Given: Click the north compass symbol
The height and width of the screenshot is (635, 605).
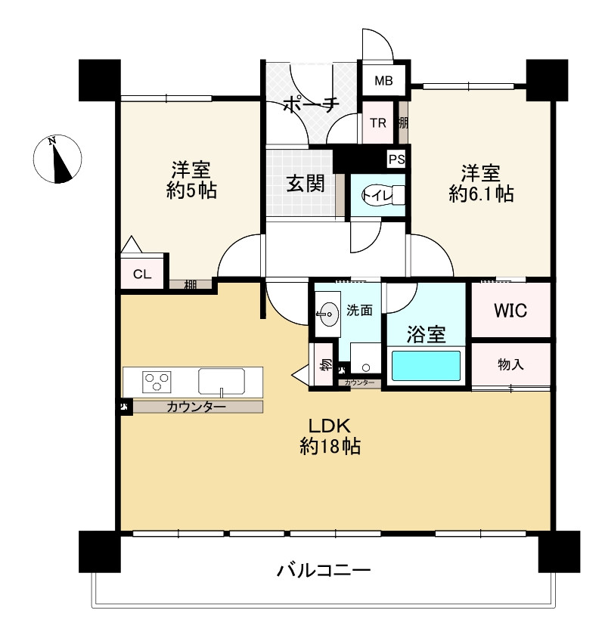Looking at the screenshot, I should click(x=58, y=160).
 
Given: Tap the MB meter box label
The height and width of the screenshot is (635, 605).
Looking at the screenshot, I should click(x=384, y=81).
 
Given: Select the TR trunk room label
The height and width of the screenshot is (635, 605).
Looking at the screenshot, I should click(x=378, y=122).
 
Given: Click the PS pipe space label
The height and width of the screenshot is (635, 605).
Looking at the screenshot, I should click(x=396, y=159).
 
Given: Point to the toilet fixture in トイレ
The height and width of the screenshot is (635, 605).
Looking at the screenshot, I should click(x=383, y=195).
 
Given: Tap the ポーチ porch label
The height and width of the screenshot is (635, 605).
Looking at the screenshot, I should click(x=310, y=106).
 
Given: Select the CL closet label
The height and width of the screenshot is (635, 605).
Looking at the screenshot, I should click(x=142, y=274).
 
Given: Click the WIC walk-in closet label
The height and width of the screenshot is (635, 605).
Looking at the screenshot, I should click(x=510, y=310).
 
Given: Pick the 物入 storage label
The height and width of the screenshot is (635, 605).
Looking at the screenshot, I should click(x=510, y=364).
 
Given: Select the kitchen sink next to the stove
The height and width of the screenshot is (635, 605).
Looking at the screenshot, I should click(x=221, y=381).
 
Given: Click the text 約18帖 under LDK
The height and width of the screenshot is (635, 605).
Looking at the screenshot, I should click(x=327, y=447).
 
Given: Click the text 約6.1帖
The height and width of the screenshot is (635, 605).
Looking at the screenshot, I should click(x=481, y=194).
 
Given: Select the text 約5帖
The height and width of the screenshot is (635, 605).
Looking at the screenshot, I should click(x=191, y=190).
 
